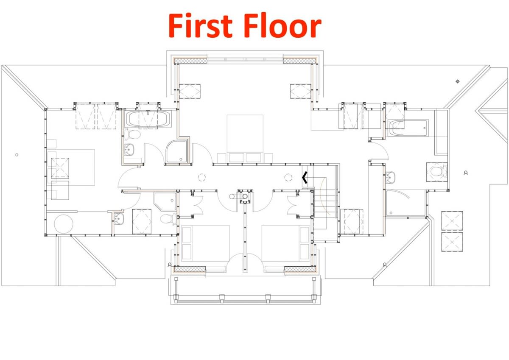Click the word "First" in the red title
[x=201, y=26]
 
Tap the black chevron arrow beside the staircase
[x=304, y=177]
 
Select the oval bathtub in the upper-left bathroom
[x=148, y=120]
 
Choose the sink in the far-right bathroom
[x=391, y=176]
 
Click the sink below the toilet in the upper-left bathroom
[x=130, y=149]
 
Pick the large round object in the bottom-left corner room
[x=63, y=223]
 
